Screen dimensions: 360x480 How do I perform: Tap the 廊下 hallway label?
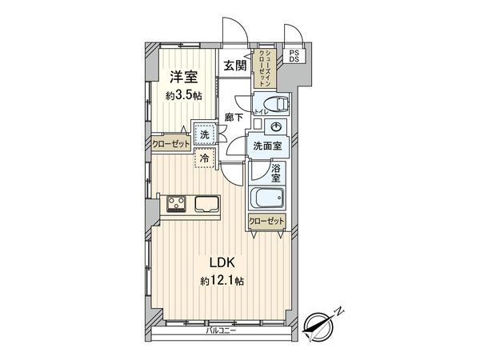(x=233, y=116)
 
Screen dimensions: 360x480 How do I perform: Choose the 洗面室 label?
(x=267, y=147)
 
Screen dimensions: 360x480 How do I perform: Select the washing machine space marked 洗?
(x=205, y=136)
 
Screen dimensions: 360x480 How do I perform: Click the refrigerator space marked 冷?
(x=203, y=159)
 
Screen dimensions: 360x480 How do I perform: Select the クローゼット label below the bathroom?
(x=266, y=220)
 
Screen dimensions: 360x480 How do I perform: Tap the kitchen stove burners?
(x=176, y=204)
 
